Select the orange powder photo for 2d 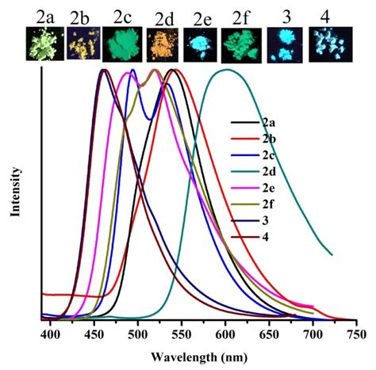(160, 45)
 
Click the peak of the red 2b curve (176, 71)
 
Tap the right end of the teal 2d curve (331, 255)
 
